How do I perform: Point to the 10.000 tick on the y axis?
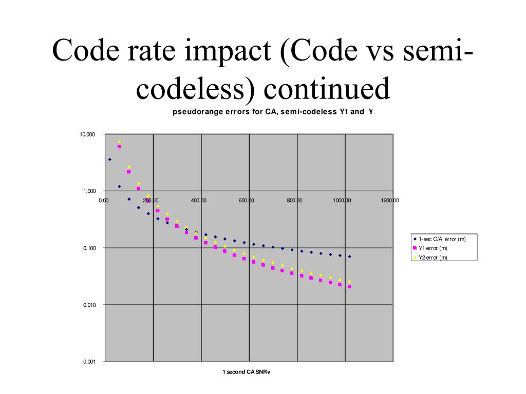[87, 134]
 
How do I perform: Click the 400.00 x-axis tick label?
[199, 201]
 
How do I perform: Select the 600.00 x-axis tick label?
[246, 201]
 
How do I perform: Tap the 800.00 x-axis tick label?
[294, 201]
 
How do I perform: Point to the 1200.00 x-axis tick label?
[390, 201]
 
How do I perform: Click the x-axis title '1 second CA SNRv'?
[246, 372]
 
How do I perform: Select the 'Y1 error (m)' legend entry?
[433, 248]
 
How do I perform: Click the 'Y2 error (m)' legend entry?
[433, 258]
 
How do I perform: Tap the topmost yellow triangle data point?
[119, 141]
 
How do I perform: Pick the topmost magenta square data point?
[119, 147]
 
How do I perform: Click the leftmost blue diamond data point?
[109, 160]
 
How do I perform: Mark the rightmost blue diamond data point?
[349, 257]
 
